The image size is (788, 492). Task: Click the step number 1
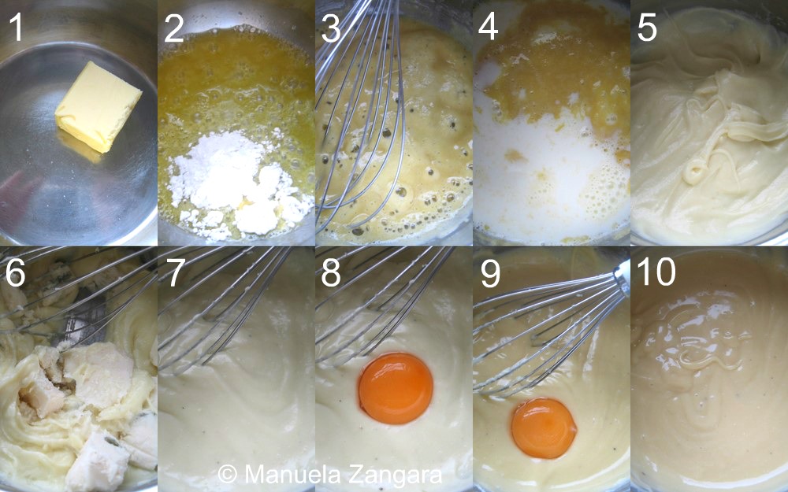(16, 28)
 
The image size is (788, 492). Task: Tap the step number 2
(174, 28)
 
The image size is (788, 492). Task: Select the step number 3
(331, 28)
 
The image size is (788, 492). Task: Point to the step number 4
(489, 28)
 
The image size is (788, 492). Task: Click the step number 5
(647, 28)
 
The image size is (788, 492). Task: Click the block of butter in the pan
(98, 106)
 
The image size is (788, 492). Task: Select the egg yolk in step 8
(396, 388)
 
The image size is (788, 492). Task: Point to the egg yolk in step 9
(544, 428)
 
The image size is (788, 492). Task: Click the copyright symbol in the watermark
(228, 474)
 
